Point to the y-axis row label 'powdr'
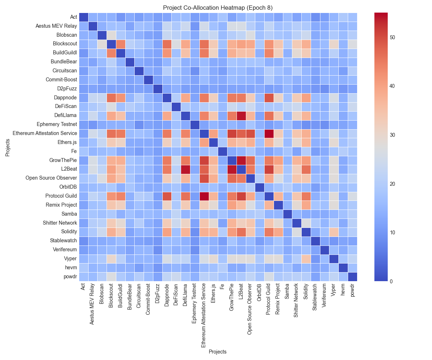71,276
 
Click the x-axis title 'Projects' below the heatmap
218,352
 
